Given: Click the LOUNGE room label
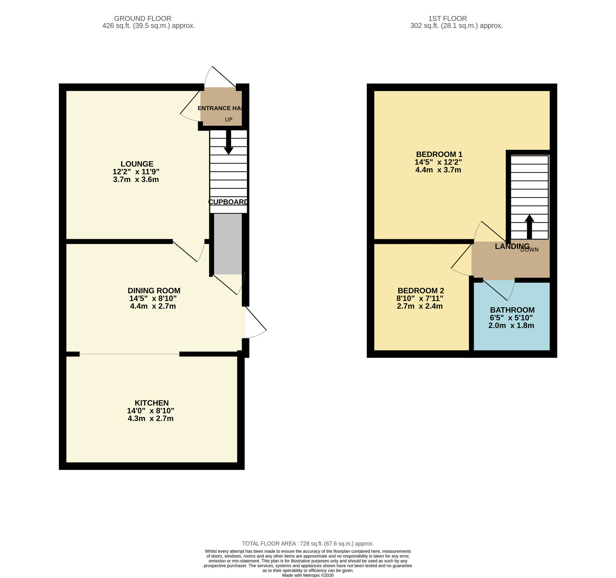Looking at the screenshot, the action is click(137, 164).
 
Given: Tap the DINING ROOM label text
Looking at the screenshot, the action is click(154, 291).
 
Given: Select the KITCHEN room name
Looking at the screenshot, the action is click(152, 403).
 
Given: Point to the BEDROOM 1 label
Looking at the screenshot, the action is click(439, 154).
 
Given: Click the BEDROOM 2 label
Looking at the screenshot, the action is click(420, 291).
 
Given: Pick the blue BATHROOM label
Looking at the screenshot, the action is click(512, 310).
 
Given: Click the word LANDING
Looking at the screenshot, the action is click(512, 246).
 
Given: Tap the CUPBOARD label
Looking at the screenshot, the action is click(228, 202).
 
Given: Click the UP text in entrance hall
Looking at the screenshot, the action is click(228, 120).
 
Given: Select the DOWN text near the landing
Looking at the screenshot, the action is click(529, 250).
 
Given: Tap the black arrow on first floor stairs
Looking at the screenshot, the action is click(529, 226).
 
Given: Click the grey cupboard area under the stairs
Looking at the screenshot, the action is click(228, 244).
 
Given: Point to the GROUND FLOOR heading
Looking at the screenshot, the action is click(143, 18).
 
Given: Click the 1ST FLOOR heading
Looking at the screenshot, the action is click(447, 18).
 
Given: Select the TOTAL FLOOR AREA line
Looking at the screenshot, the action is click(308, 543).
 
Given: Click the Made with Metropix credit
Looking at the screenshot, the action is click(308, 575).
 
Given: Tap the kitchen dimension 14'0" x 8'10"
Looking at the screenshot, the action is click(151, 411).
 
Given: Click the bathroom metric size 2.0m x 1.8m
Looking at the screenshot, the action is click(511, 325).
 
